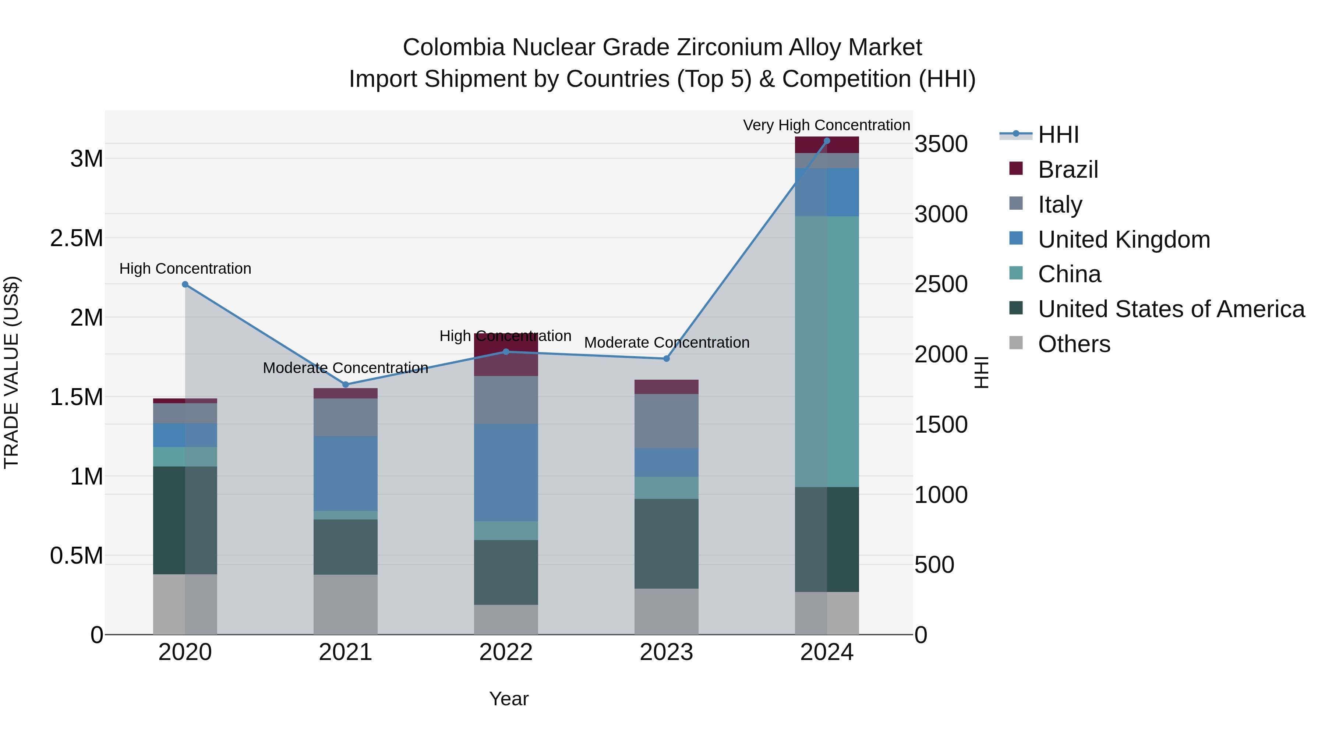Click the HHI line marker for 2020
(x=185, y=284)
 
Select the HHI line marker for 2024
(x=827, y=141)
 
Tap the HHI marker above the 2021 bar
(x=346, y=384)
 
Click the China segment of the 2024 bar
(x=827, y=351)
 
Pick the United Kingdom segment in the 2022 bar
(x=506, y=472)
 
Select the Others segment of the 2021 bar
(x=346, y=604)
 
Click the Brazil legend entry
(x=1068, y=170)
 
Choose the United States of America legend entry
(x=1171, y=309)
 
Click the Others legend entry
(x=1074, y=344)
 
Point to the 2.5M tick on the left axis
(x=76, y=238)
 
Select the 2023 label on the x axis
(x=666, y=652)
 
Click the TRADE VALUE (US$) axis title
(x=11, y=372)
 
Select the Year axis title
(x=508, y=699)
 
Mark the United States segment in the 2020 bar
(x=185, y=520)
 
